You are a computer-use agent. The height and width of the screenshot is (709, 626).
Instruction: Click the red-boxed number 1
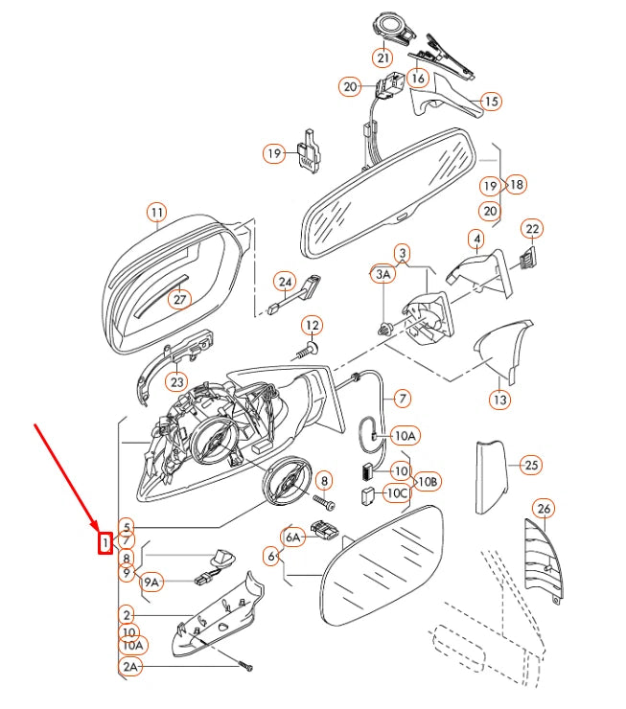pyautogui.click(x=104, y=542)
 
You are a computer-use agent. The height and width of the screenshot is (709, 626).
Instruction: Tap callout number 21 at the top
pyautogui.click(x=383, y=57)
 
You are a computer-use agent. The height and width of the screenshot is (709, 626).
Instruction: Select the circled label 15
pyautogui.click(x=491, y=102)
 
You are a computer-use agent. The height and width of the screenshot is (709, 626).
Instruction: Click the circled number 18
pyautogui.click(x=516, y=185)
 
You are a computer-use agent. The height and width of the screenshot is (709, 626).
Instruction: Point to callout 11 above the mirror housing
pyautogui.click(x=157, y=213)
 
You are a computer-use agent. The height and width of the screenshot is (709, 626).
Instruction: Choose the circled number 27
pyautogui.click(x=179, y=299)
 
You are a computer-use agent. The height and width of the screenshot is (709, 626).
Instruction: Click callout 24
pyautogui.click(x=285, y=282)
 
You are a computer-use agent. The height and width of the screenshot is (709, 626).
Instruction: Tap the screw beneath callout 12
pyautogui.click(x=306, y=351)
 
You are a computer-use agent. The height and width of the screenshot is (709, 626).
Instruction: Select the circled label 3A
pyautogui.click(x=383, y=274)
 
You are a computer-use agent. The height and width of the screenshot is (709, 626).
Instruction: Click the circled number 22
pyautogui.click(x=532, y=229)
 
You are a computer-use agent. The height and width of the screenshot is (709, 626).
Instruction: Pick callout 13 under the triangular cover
pyautogui.click(x=499, y=400)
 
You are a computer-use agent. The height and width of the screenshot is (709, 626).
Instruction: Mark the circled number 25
pyautogui.click(x=531, y=465)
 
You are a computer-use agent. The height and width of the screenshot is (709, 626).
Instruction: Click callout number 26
pyautogui.click(x=544, y=509)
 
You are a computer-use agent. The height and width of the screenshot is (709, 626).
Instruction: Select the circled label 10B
pyautogui.click(x=428, y=482)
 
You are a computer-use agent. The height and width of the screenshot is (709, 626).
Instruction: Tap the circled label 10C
pyautogui.click(x=398, y=493)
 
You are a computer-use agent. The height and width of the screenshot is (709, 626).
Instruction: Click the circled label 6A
pyautogui.click(x=293, y=537)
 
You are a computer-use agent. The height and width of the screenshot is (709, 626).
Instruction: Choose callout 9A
pyautogui.click(x=151, y=583)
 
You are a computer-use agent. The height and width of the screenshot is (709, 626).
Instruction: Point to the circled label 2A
pyautogui.click(x=130, y=667)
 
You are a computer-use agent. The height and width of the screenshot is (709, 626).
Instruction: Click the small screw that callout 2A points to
pyautogui.click(x=246, y=667)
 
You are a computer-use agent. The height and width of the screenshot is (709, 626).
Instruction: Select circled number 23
pyautogui.click(x=176, y=382)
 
